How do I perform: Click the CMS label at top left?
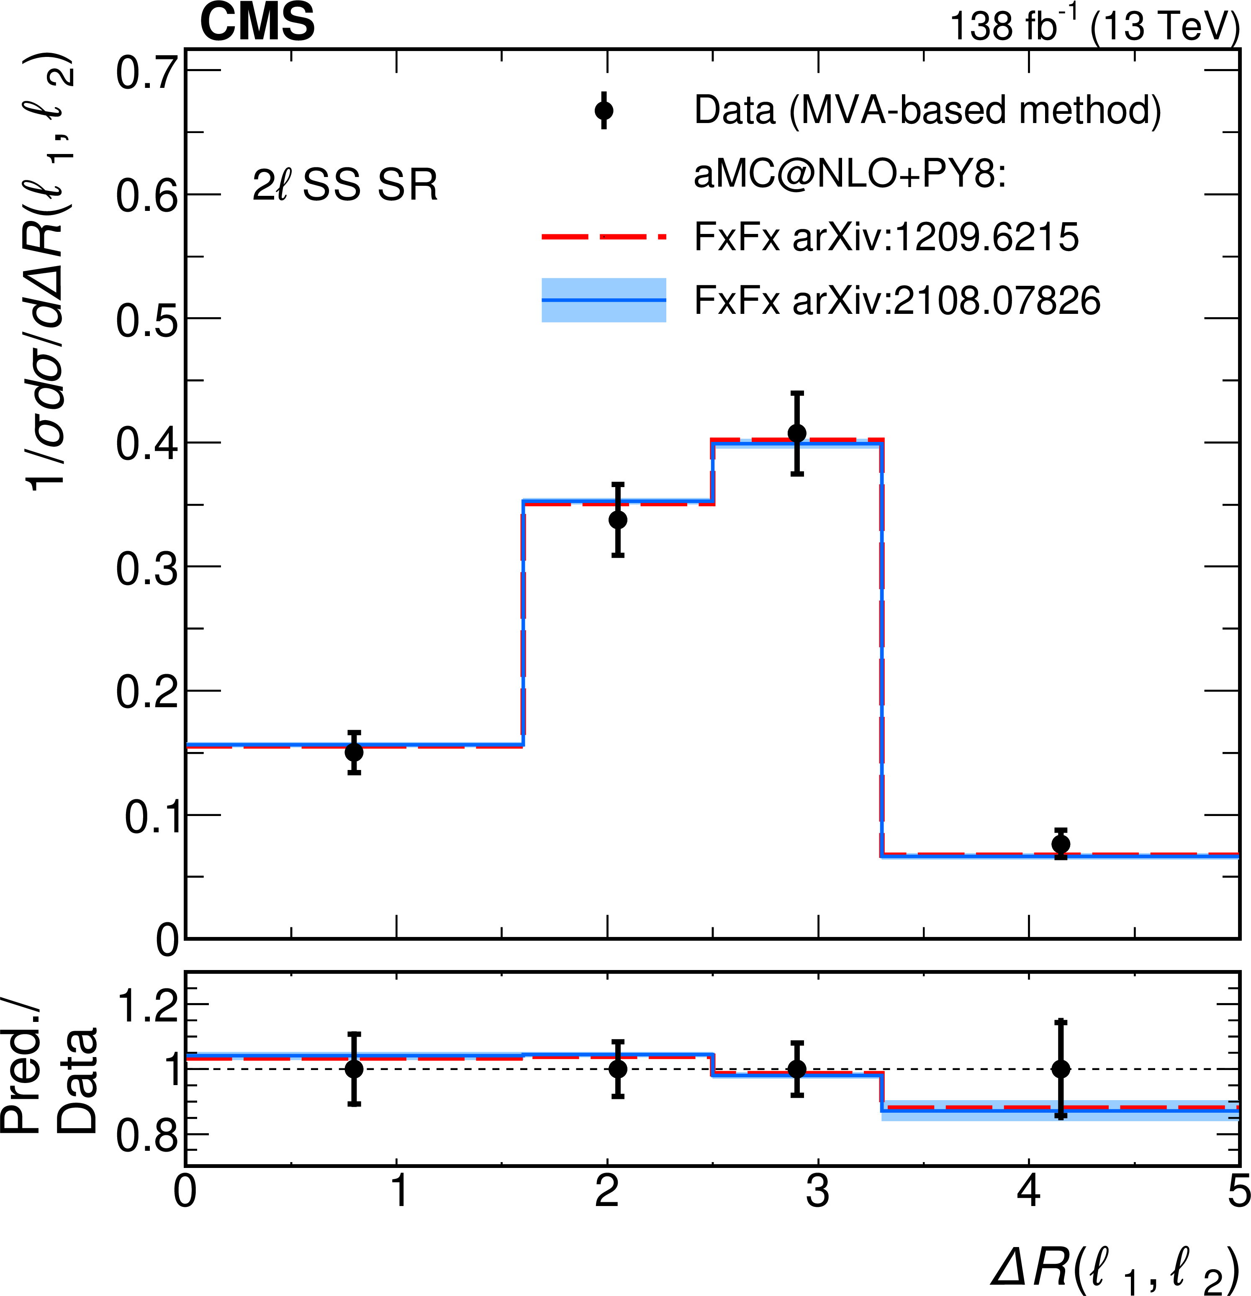click(x=257, y=23)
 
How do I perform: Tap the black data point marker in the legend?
click(x=604, y=110)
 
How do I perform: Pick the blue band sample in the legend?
click(x=604, y=300)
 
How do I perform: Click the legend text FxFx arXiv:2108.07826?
click(x=897, y=300)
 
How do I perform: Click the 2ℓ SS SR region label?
click(x=344, y=185)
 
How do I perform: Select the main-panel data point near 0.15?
click(x=354, y=752)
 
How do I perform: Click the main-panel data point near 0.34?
click(x=618, y=520)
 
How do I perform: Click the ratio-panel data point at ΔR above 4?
click(x=1061, y=1069)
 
